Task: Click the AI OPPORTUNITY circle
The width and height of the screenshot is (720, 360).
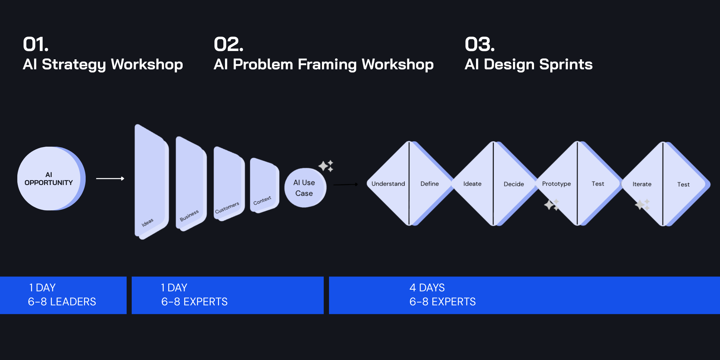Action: pyautogui.click(x=50, y=179)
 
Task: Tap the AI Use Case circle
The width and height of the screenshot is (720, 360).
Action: pyautogui.click(x=305, y=188)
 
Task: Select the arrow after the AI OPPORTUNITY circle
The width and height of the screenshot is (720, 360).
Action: pyautogui.click(x=110, y=179)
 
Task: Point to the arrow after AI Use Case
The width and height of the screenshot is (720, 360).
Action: pyautogui.click(x=346, y=184)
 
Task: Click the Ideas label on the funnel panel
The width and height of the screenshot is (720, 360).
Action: pyautogui.click(x=147, y=222)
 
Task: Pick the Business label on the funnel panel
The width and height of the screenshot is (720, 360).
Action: pyautogui.click(x=189, y=215)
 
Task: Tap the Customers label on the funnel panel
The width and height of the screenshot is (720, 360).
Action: pyautogui.click(x=227, y=208)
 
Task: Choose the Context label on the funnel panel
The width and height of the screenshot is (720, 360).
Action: pyautogui.click(x=262, y=200)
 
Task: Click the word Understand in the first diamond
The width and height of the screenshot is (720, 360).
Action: pyautogui.click(x=388, y=184)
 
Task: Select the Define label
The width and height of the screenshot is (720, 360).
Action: pyautogui.click(x=429, y=184)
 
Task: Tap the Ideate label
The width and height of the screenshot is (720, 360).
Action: pyautogui.click(x=472, y=184)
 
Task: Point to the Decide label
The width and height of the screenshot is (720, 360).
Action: pyautogui.click(x=514, y=184)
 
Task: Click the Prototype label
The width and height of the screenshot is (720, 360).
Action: pyautogui.click(x=556, y=184)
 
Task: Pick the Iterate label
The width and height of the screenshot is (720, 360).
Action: pyautogui.click(x=642, y=184)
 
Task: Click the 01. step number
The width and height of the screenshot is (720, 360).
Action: pyautogui.click(x=36, y=44)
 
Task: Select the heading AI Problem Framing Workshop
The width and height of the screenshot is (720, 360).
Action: pyautogui.click(x=323, y=64)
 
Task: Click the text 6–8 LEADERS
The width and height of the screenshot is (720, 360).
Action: pyautogui.click(x=62, y=302)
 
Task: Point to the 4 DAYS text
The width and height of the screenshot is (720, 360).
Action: pyautogui.click(x=427, y=287)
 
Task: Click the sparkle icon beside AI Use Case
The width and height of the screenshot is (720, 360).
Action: pyautogui.click(x=326, y=166)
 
